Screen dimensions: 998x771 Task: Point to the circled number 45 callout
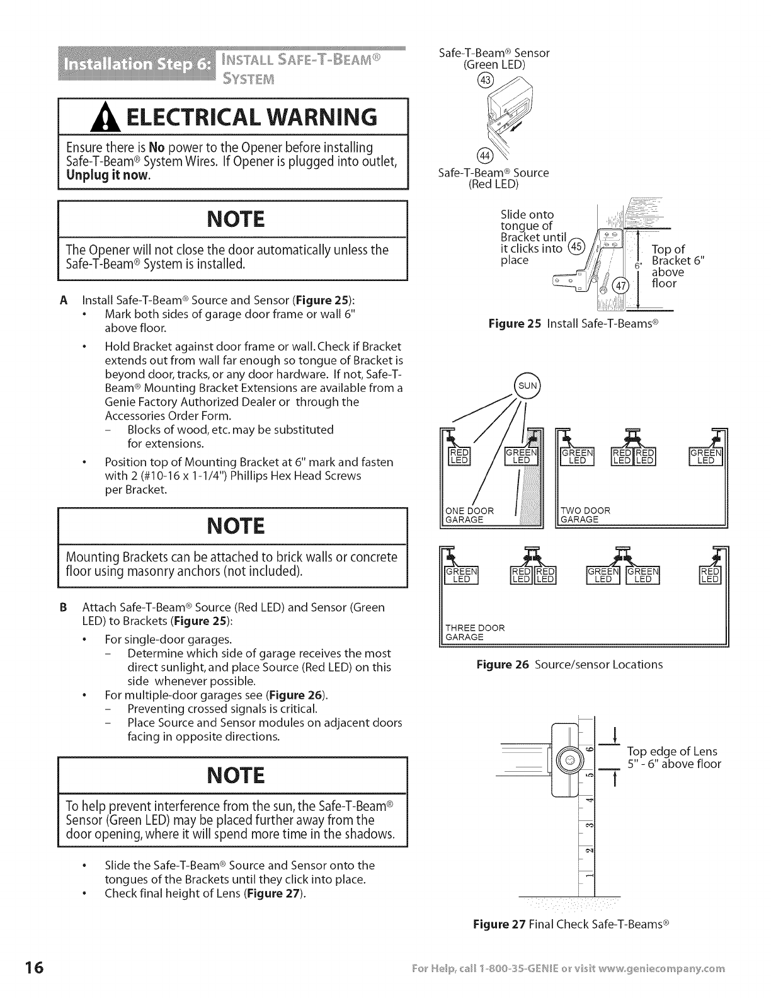coord(576,246)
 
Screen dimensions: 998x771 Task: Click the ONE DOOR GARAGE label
coord(469,515)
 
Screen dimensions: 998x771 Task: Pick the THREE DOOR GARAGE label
coord(475,632)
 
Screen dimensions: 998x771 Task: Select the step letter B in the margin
coord(63,608)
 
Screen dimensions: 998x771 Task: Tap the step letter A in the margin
coord(63,299)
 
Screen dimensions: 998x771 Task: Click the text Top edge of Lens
coord(672,751)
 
